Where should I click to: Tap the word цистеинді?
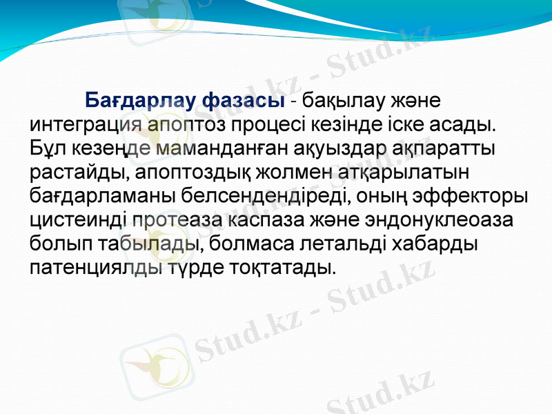click(x=76, y=220)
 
